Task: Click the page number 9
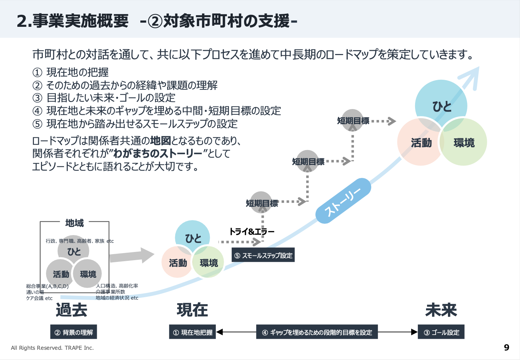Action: [x=507, y=348]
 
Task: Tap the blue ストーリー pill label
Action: [x=343, y=201]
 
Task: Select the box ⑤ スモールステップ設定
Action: [x=263, y=256]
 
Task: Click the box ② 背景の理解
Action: [x=73, y=332]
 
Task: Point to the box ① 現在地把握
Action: [x=193, y=332]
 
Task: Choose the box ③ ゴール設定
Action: [x=441, y=332]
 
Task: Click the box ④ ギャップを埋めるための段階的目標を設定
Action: [x=317, y=332]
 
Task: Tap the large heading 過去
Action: [x=71, y=310]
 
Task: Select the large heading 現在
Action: [x=193, y=310]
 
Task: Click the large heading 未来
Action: [x=441, y=310]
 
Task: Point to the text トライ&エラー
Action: [x=252, y=232]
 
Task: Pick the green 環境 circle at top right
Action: [x=464, y=143]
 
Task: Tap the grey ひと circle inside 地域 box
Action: [x=74, y=251]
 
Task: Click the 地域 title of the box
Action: [x=75, y=223]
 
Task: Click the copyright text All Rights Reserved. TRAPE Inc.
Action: [x=52, y=348]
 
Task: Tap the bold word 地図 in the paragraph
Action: [x=160, y=141]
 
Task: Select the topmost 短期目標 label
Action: [x=353, y=121]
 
